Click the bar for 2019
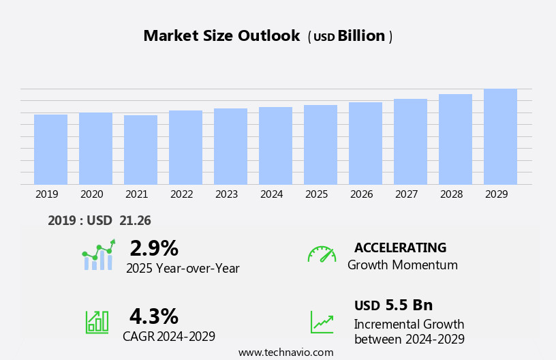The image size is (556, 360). (50, 149)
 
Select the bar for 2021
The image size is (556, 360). (140, 150)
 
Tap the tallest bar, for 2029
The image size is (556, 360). (500, 136)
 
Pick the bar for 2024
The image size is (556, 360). (275, 146)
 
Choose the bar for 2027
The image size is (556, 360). (410, 142)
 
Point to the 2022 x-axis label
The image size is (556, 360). (182, 194)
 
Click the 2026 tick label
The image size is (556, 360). (362, 194)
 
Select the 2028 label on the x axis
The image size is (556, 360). (452, 194)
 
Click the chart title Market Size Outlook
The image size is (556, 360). (221, 36)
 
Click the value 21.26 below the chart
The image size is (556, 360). (135, 220)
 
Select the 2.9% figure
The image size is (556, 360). (154, 248)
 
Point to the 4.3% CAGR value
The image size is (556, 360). (154, 316)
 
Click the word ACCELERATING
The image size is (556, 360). (400, 247)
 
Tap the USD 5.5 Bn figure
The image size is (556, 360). (393, 305)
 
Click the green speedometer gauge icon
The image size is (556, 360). (322, 254)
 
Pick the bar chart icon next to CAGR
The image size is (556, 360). (97, 321)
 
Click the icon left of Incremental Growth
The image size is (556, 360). (322, 321)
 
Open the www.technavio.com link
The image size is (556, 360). (285, 352)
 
